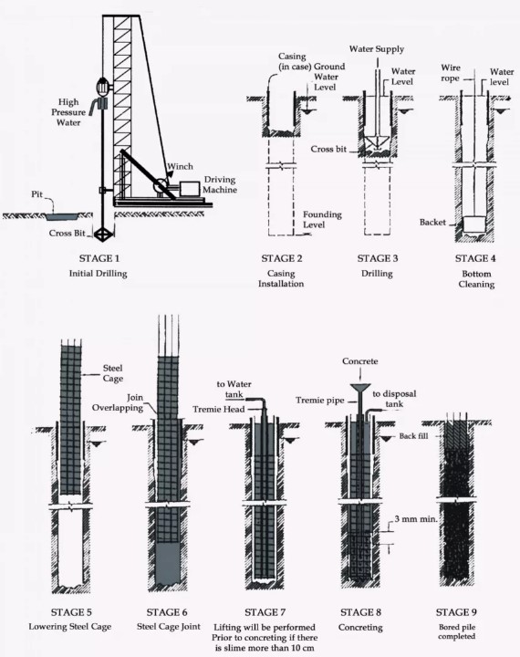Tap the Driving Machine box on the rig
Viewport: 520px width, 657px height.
(x=190, y=188)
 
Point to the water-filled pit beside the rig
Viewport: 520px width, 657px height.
(x=63, y=217)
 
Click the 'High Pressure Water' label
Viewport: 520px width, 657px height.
(x=68, y=112)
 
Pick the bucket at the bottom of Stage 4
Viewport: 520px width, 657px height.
(x=474, y=224)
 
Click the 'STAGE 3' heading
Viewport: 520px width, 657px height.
(x=378, y=258)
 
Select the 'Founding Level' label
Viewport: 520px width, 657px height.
(x=322, y=220)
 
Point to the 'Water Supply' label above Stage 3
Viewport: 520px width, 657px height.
(x=377, y=49)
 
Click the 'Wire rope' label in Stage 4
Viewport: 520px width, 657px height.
(x=451, y=73)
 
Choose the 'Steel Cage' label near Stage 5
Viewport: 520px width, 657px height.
(x=113, y=373)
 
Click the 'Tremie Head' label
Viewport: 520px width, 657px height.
(x=219, y=409)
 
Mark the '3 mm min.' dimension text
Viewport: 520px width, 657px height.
(x=416, y=519)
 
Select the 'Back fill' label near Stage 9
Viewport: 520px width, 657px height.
(x=413, y=436)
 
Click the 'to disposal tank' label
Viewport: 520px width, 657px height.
(x=394, y=399)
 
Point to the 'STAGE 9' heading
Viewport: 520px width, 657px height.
(x=456, y=612)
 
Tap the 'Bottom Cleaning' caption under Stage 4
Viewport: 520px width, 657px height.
(x=476, y=279)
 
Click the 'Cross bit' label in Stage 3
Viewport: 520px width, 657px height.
(x=328, y=149)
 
